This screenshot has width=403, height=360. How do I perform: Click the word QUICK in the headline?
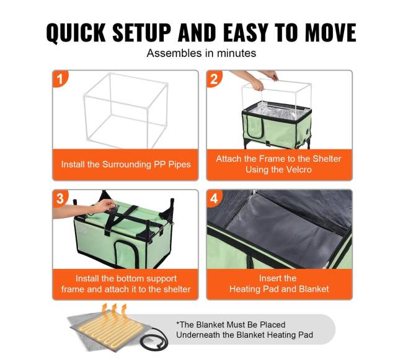(76, 33)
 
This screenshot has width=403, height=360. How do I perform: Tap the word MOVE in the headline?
(331, 32)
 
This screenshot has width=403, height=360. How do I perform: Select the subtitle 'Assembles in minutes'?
(201, 53)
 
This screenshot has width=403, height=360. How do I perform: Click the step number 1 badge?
(60, 79)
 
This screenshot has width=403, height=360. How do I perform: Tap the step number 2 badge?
(214, 79)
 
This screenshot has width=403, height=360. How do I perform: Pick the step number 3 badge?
(60, 198)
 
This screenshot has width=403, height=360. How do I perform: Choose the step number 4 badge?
(214, 198)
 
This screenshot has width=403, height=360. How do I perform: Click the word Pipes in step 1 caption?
(179, 165)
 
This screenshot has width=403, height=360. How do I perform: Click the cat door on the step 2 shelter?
(255, 126)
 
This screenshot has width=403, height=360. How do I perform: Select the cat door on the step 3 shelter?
(126, 253)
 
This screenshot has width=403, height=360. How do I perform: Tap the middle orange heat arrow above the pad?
(114, 310)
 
